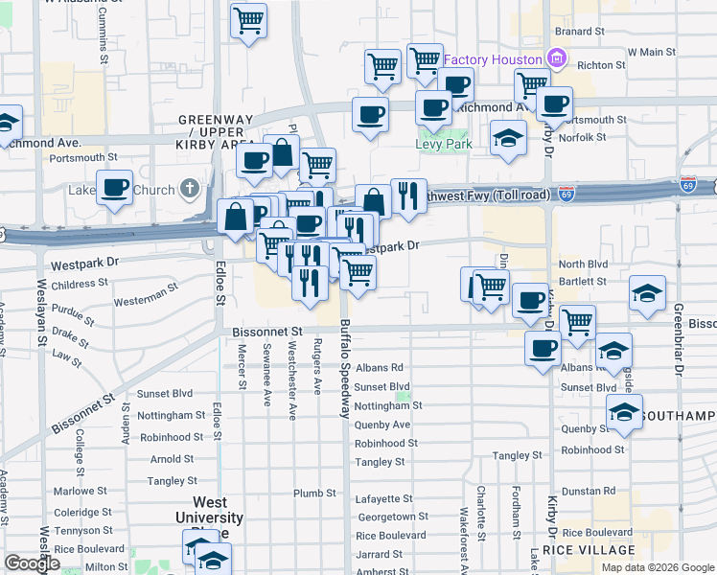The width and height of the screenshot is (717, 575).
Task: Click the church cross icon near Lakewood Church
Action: (x=190, y=189)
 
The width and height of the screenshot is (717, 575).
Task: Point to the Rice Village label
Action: (x=589, y=550)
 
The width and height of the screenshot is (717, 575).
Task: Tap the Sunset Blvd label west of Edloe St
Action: (x=165, y=394)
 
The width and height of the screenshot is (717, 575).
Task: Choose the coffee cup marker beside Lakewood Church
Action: (x=115, y=189)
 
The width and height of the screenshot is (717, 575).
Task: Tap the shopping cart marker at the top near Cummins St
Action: (x=248, y=20)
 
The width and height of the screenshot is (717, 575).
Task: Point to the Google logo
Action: (x=32, y=563)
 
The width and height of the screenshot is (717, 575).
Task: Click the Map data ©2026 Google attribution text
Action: (x=658, y=567)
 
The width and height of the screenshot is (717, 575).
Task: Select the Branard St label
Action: (x=579, y=32)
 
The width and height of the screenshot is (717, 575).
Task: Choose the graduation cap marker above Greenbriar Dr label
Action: (x=648, y=293)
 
